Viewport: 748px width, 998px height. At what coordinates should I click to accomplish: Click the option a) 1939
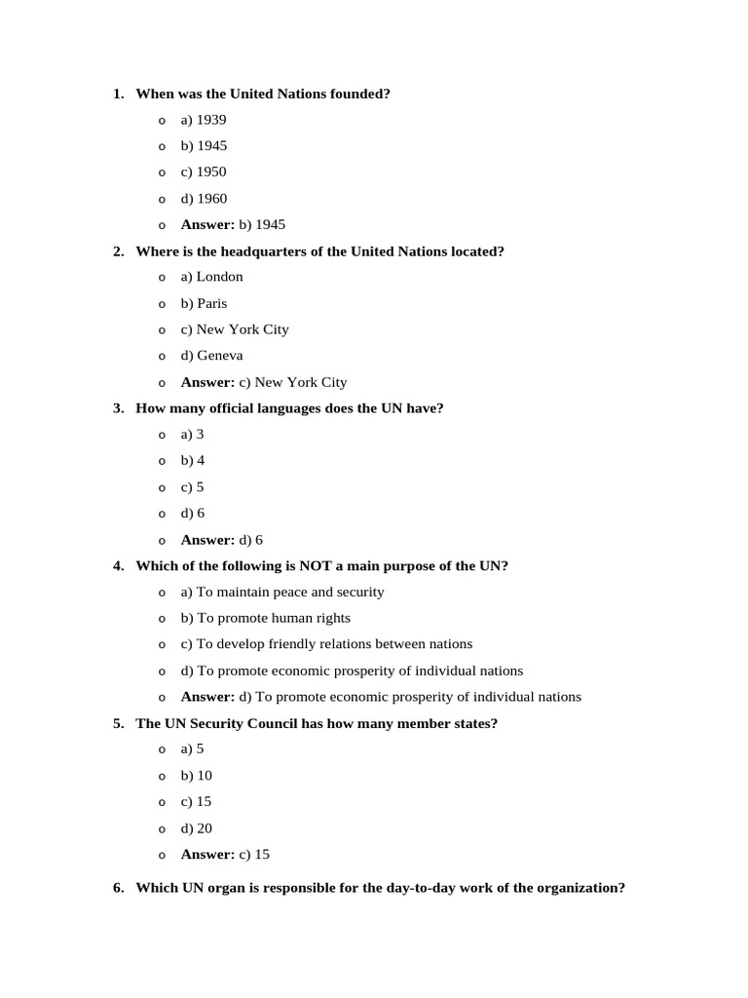tap(204, 120)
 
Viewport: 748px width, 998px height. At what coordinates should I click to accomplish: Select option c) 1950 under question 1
tap(204, 173)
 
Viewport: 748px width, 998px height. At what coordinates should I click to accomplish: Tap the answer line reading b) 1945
tap(233, 225)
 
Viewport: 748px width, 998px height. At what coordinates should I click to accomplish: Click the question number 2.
tap(118, 251)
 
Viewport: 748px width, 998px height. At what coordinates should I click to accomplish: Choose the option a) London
tap(211, 277)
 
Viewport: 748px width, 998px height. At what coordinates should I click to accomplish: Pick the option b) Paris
tap(204, 303)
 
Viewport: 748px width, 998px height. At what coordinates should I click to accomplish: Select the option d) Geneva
tap(211, 356)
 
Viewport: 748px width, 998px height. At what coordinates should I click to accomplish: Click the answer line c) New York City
tap(263, 382)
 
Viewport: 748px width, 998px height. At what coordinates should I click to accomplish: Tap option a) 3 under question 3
tap(192, 435)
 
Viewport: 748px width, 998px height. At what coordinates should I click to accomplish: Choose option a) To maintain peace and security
tap(282, 592)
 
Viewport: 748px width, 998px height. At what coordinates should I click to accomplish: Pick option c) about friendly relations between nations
tap(326, 644)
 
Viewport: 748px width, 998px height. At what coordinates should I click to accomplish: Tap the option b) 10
tap(196, 776)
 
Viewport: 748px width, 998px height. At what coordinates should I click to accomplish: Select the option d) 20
tap(196, 828)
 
